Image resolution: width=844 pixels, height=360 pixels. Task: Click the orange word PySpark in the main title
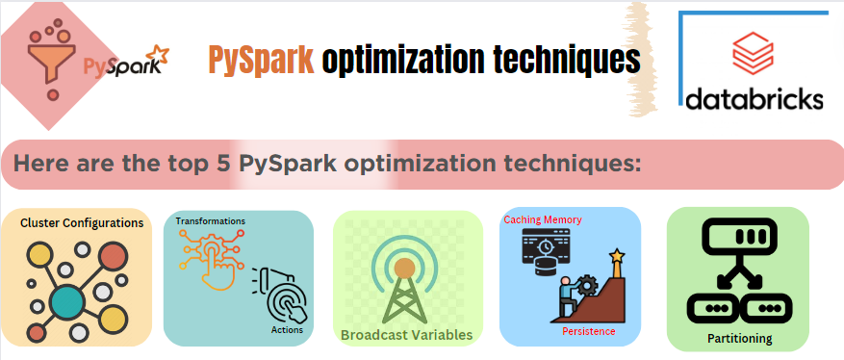(261, 61)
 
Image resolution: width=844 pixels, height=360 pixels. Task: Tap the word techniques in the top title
(565, 61)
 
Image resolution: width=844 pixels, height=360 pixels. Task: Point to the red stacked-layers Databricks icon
(754, 54)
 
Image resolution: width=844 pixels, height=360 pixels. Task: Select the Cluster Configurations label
(82, 223)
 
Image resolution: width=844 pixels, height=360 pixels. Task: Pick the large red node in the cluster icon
(113, 257)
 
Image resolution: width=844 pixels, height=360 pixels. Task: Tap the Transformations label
(210, 221)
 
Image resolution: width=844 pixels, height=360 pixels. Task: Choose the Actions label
(287, 330)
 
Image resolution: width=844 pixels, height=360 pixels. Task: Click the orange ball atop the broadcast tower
(405, 267)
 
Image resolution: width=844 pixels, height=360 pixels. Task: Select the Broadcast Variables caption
(406, 335)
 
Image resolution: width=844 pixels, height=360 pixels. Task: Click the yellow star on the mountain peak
(616, 256)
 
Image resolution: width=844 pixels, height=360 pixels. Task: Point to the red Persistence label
(588, 331)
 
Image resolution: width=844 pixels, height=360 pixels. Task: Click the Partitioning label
(739, 339)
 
